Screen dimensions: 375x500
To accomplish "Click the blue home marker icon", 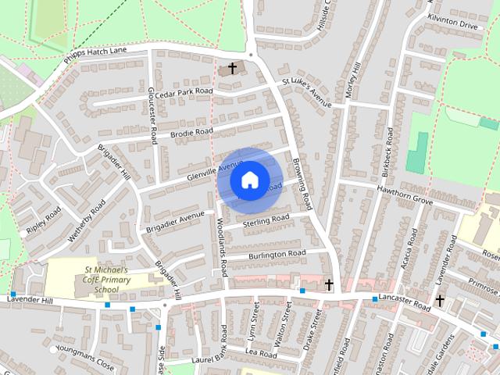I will (x=248, y=180).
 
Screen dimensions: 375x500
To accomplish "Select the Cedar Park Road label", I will (x=184, y=91).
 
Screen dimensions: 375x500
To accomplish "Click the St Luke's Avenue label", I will (x=307, y=92).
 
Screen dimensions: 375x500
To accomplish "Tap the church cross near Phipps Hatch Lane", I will (x=232, y=69).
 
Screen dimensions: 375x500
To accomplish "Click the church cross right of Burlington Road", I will (x=329, y=284).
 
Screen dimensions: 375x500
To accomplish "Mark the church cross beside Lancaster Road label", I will (x=440, y=300).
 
